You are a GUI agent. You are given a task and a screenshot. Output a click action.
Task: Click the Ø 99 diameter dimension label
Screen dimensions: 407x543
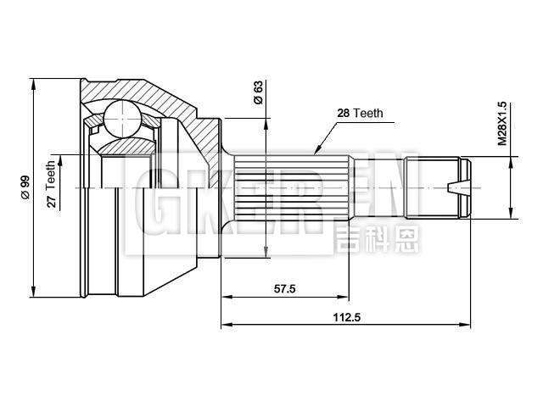(x=25, y=187)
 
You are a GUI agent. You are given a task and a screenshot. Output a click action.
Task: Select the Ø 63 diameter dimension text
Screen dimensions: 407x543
(x=257, y=92)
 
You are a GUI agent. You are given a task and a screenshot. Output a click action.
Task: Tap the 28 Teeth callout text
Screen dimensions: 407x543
(x=361, y=112)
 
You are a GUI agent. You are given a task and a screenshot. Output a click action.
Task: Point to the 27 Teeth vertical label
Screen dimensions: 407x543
(x=51, y=184)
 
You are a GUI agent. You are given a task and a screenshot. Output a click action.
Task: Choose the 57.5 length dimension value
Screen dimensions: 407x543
(x=284, y=289)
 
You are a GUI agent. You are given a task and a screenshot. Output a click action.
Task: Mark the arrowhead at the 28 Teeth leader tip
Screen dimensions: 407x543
(x=316, y=153)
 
